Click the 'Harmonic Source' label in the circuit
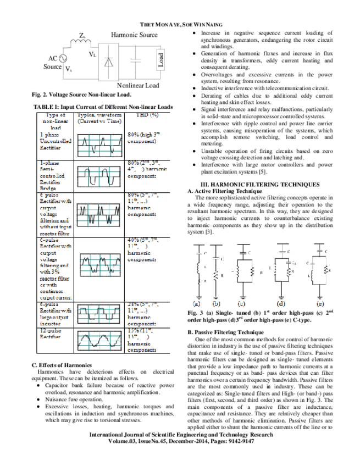click(x=134, y=35)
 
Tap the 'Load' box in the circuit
click(x=160, y=59)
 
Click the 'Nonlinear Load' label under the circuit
click(x=137, y=86)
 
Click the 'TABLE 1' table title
click(x=103, y=107)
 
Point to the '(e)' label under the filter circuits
click(x=320, y=303)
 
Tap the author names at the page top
click(x=180, y=25)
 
